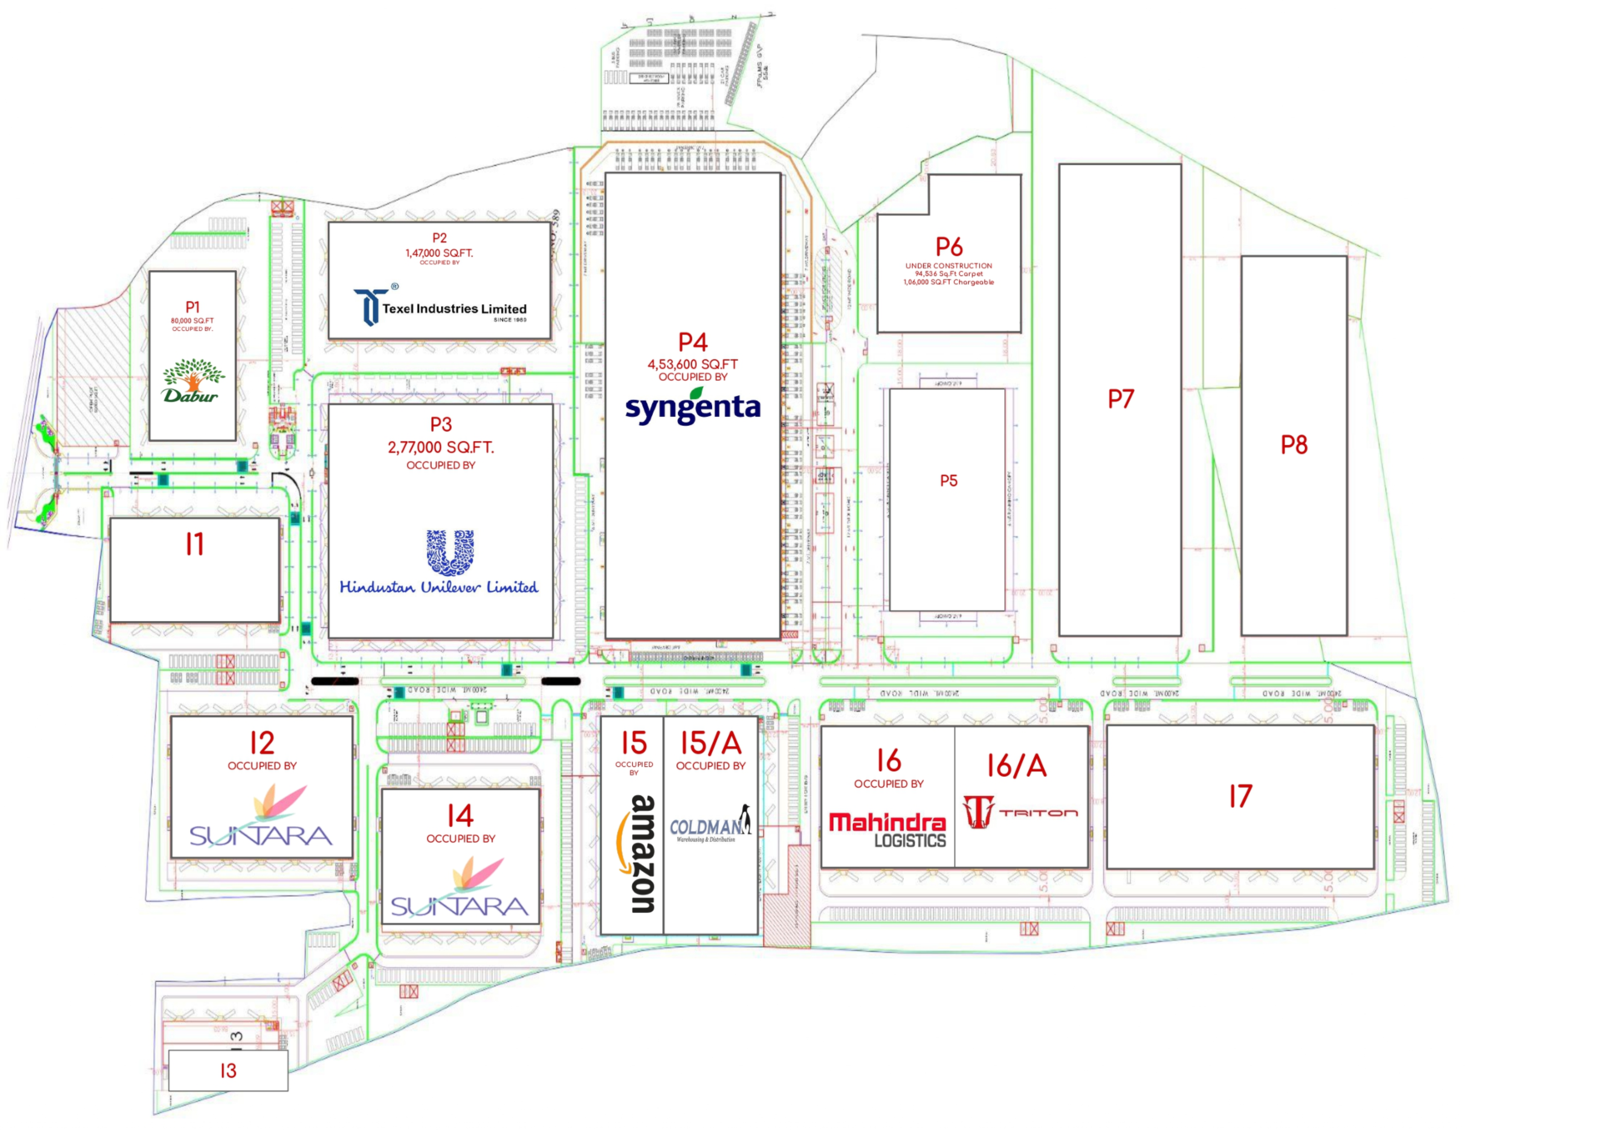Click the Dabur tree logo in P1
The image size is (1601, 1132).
(x=192, y=381)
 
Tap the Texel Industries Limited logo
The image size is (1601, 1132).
(x=440, y=307)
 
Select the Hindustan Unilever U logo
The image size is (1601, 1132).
(x=450, y=552)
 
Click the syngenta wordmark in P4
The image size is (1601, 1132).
(x=692, y=407)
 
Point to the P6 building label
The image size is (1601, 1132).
(x=949, y=247)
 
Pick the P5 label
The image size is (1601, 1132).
(x=949, y=481)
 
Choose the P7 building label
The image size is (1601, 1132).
(x=1121, y=399)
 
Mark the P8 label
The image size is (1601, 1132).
(x=1293, y=445)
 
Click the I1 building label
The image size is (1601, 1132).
(x=194, y=544)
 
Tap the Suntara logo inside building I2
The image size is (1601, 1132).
(x=261, y=818)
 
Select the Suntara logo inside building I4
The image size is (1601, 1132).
(x=459, y=889)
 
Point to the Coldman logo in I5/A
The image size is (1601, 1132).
(x=710, y=825)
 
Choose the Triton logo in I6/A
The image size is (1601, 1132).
(x=1020, y=811)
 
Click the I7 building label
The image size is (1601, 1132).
(x=1240, y=796)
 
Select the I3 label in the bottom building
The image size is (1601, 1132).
(x=228, y=1071)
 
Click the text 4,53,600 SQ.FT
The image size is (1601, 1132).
(x=692, y=364)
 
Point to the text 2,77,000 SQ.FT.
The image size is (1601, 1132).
(x=440, y=448)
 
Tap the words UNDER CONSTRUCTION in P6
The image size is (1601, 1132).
(x=949, y=266)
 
